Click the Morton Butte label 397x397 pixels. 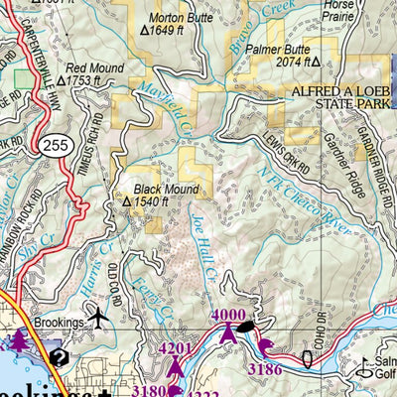[x=179, y=18]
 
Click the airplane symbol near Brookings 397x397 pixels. [x=98, y=318]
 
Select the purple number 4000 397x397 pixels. [x=229, y=316]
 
